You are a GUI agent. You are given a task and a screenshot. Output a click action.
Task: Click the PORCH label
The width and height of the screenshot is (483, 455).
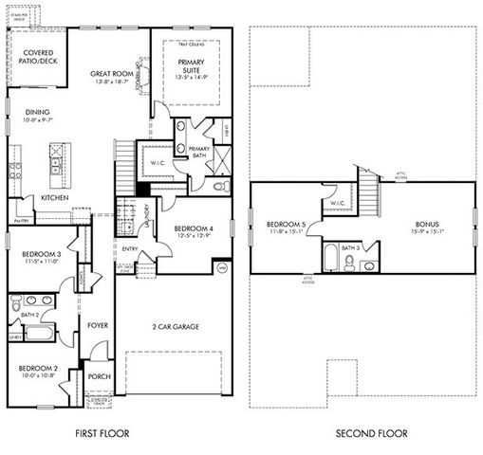pyautogui.click(x=98, y=376)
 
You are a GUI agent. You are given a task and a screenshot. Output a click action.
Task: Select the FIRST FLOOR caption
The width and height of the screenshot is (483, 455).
pyautogui.click(x=102, y=433)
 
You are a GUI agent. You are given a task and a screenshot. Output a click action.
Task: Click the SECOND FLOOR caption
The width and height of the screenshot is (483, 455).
pyautogui.click(x=371, y=433)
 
